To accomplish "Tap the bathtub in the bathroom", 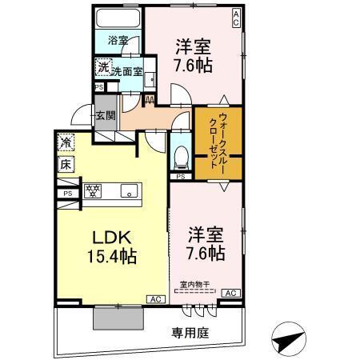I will (x=118, y=19).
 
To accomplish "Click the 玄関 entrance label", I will (x=106, y=115).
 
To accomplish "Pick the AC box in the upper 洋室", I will (x=236, y=17).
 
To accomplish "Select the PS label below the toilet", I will (x=181, y=175).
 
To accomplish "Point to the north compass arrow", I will (x=290, y=339).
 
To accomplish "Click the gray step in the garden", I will (x=118, y=318).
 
